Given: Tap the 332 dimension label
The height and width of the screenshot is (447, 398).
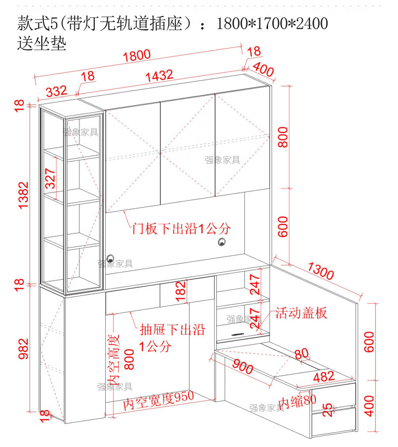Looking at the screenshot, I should click(56, 91).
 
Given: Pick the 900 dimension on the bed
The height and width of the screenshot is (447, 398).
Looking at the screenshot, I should click(243, 368).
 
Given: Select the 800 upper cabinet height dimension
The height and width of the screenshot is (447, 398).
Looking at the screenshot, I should click(283, 136).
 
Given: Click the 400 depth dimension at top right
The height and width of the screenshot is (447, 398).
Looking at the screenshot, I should click(263, 70).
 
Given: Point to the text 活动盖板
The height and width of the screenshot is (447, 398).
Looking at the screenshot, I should click(301, 312).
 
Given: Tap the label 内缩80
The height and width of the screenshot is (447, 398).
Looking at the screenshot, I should click(298, 402).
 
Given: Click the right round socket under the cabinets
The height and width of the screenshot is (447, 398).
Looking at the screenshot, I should click(222, 243).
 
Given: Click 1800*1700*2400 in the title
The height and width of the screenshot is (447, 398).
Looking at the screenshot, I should click(272, 23).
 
